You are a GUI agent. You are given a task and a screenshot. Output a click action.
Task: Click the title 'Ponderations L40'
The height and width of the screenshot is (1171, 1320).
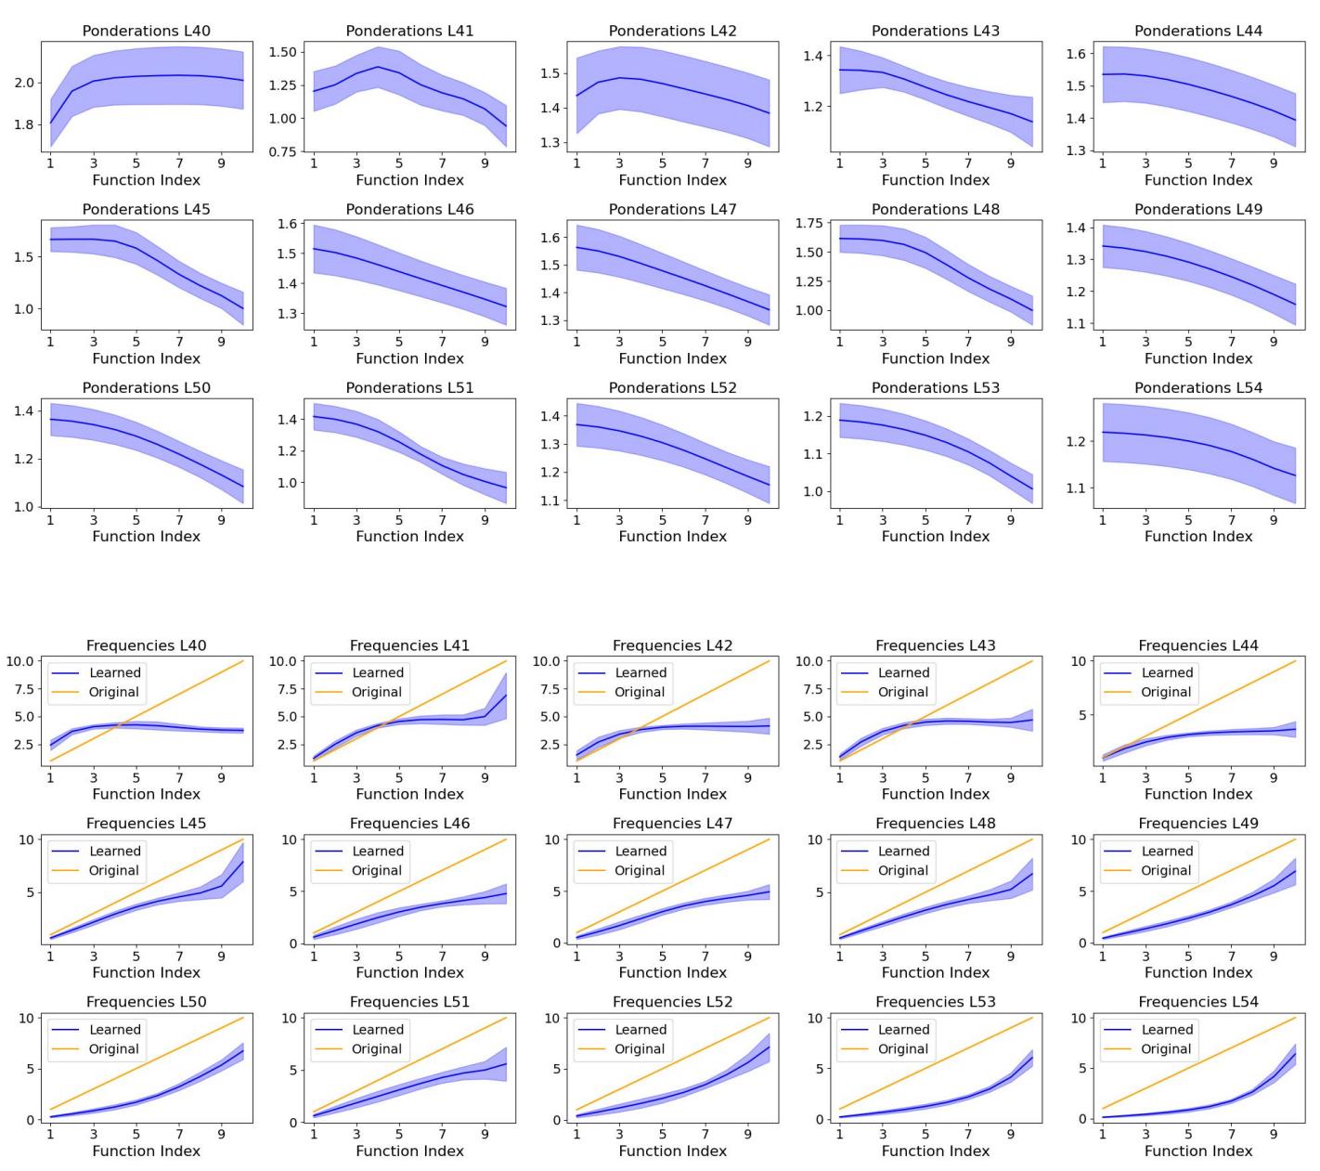[x=147, y=31]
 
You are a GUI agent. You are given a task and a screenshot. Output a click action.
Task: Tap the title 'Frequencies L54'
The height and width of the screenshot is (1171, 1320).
[x=1198, y=1002]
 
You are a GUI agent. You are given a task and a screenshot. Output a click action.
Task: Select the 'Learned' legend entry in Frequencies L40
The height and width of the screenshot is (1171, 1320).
[x=115, y=673]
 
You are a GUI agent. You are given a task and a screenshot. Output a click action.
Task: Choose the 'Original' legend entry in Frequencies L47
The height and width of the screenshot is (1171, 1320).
[x=640, y=871]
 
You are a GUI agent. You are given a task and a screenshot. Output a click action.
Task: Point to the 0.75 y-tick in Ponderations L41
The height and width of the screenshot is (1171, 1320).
[x=282, y=152]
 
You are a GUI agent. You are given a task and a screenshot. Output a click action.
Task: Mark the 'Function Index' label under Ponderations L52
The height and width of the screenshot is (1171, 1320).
[x=673, y=537]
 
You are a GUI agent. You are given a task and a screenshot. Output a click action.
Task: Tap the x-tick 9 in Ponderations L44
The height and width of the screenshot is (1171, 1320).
[x=1274, y=163]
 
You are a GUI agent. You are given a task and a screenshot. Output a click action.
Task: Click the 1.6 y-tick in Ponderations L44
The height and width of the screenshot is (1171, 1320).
[x=1075, y=55]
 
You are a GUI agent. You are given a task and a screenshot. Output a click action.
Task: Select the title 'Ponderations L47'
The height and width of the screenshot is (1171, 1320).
[x=673, y=210]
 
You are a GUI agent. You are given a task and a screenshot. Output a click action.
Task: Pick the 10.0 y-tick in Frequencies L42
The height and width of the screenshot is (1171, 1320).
[x=547, y=661]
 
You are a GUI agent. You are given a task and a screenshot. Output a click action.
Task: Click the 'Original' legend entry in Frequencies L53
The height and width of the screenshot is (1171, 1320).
[x=903, y=1049]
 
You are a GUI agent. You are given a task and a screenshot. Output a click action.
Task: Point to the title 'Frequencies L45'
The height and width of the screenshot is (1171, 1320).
[x=147, y=824]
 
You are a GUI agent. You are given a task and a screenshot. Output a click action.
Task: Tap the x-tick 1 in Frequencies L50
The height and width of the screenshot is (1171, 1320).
[x=51, y=1134]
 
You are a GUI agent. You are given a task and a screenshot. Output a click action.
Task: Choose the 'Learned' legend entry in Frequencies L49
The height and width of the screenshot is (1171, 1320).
[x=1167, y=852]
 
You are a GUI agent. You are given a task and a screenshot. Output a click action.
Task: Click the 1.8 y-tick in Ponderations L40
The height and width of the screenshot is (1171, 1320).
[x=24, y=124]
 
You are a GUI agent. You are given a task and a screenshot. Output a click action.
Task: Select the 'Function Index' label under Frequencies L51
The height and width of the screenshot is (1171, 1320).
[x=409, y=1151]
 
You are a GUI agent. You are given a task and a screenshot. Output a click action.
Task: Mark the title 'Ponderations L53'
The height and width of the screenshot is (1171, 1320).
[x=936, y=388]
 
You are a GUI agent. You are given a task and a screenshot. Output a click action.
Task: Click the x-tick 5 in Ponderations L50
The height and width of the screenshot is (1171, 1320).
[x=136, y=520]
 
